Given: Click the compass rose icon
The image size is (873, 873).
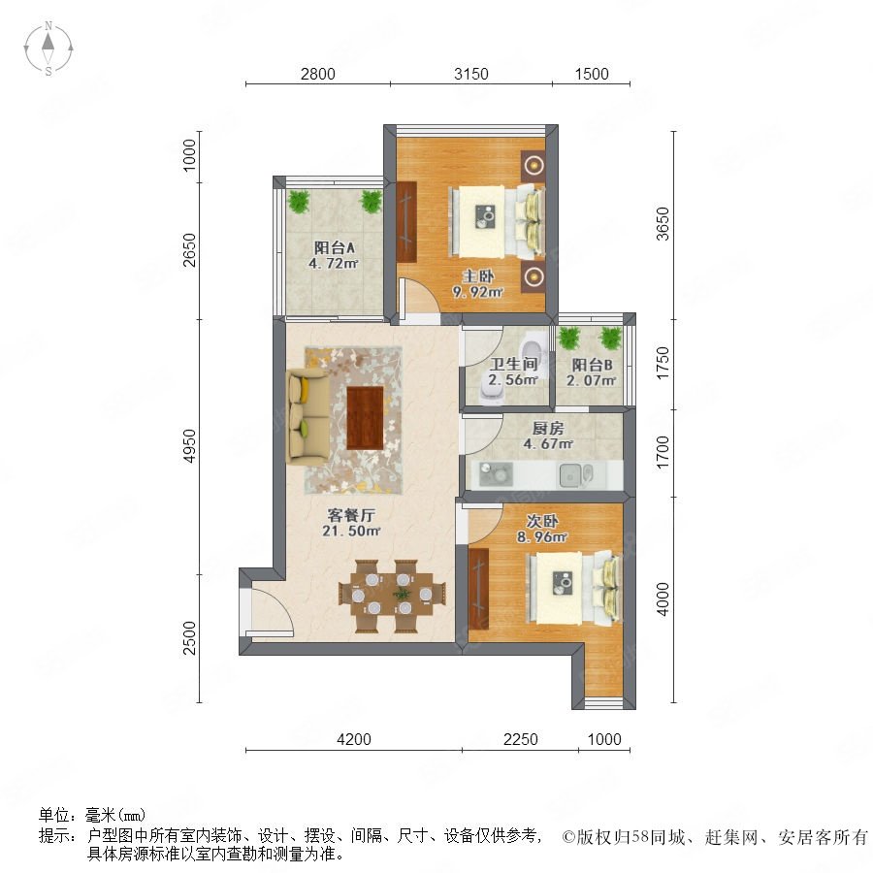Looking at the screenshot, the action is pos(48,48).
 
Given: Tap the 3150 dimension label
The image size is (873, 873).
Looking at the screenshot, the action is pos(471,74).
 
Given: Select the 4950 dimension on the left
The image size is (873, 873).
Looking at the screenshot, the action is pos(190,446).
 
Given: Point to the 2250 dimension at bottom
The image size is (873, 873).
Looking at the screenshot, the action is pos(521,739).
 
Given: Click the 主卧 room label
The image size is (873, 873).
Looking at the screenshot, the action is pos(478,276).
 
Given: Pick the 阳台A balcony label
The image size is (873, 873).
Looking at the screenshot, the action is pos(334,247).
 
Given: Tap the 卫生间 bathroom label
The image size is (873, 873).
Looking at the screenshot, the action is pos(513,365).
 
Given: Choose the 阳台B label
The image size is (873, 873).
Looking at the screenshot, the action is pos(592,366).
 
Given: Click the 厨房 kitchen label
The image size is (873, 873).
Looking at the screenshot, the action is pos(548,428).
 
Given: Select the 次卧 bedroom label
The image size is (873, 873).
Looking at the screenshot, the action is pos(542,521).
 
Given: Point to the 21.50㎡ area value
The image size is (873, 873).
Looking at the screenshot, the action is pos(351,532).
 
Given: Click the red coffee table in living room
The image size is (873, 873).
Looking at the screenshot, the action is pos(366,417).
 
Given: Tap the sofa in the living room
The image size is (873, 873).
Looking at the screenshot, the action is pos(307,416).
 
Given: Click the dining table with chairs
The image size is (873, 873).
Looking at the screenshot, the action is pos(392,596).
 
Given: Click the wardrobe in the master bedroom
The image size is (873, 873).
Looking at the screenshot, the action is pos(407,221).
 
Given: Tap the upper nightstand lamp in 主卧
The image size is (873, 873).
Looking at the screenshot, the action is pos(533,165).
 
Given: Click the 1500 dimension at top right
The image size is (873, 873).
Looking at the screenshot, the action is pos(592,74).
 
